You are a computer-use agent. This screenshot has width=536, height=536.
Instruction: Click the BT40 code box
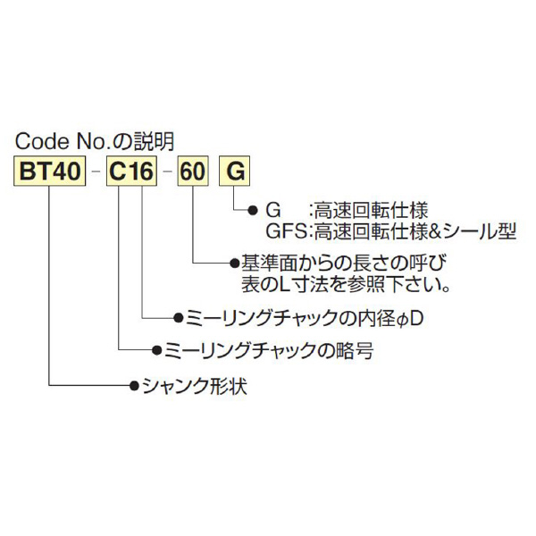click(50, 172)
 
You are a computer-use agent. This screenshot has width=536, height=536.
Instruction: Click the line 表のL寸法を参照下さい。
click(345, 286)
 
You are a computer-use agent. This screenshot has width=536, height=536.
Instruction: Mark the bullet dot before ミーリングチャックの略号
click(158, 352)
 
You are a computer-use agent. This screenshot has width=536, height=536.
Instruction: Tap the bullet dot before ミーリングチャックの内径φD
click(178, 317)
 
